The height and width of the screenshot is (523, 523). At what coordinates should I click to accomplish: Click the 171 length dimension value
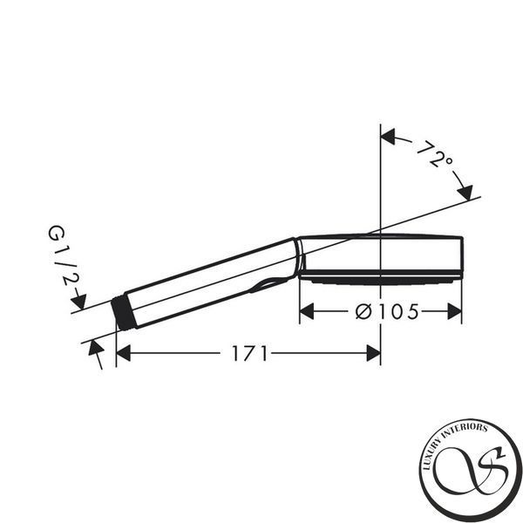pyautogui.click(x=249, y=353)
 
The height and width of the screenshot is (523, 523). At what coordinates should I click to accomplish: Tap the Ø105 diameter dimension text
pyautogui.click(x=386, y=312)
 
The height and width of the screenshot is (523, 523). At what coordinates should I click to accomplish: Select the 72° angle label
pyautogui.click(x=434, y=154)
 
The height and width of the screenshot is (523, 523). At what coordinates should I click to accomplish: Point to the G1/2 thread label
pyautogui.click(x=63, y=255)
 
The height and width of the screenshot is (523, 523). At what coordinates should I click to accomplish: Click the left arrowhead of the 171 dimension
pyautogui.click(x=123, y=353)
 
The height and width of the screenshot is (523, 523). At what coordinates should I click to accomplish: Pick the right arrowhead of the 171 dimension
pyautogui.click(x=374, y=353)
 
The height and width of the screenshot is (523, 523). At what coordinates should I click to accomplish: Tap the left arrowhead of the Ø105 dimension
pyautogui.click(x=307, y=311)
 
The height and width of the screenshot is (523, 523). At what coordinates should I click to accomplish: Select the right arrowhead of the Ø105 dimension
pyautogui.click(x=455, y=311)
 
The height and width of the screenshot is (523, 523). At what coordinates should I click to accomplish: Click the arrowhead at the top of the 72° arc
pyautogui.click(x=388, y=137)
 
